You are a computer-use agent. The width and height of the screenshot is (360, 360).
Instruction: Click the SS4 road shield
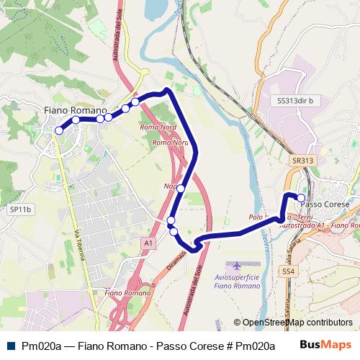289,271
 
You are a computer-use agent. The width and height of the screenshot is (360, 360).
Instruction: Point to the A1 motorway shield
148,243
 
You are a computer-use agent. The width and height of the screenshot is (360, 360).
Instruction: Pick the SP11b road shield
21,210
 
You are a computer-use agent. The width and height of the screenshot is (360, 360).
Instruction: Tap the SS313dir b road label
295,102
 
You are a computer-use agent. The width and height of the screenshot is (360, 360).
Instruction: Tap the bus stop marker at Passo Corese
301,197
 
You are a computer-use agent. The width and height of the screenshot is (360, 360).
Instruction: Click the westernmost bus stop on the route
59,130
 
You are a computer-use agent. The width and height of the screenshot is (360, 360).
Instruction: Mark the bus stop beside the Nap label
180,189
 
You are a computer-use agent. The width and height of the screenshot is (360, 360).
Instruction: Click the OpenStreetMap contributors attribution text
292,323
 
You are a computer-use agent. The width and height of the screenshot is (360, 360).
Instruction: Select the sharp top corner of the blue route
167,90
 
